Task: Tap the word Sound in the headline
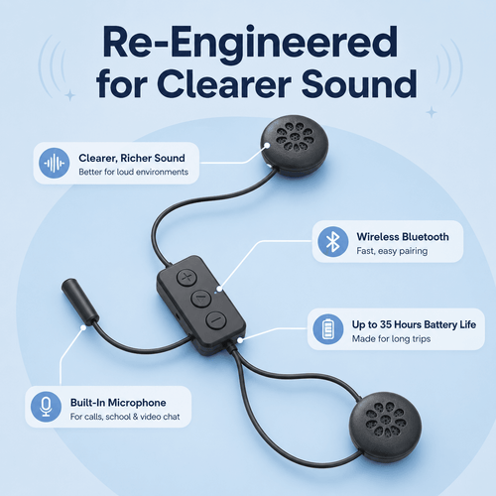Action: [359, 84]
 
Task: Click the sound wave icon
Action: [55, 163]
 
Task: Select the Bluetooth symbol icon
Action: [333, 242]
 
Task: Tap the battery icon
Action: [328, 329]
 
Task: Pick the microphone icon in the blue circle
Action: [46, 407]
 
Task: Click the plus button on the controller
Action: [186, 277]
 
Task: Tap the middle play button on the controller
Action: [201, 299]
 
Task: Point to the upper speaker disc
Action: [295, 145]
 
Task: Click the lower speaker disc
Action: [386, 427]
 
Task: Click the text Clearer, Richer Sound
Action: [132, 159]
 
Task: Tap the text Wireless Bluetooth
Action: [403, 237]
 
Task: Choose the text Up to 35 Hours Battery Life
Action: [414, 324]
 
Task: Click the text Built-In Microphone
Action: [118, 403]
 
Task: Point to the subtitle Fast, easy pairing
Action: [392, 251]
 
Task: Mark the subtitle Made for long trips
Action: [391, 339]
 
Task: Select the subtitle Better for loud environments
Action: [133, 172]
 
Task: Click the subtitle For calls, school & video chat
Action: [125, 417]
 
